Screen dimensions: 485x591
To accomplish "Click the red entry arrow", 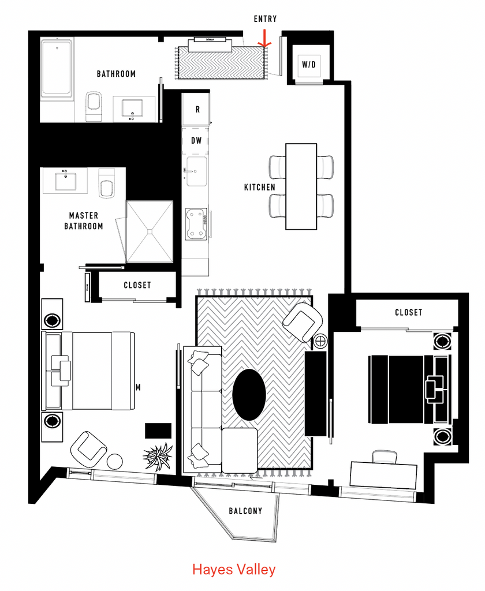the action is (264, 39).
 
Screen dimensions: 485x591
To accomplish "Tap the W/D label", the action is (308, 65).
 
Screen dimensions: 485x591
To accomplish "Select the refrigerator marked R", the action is (196, 109).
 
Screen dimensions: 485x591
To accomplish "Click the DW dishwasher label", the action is (196, 141).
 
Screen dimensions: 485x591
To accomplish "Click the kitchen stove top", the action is (196, 225).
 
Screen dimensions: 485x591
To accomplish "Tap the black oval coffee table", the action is (249, 395).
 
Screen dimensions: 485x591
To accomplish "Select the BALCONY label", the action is (245, 511).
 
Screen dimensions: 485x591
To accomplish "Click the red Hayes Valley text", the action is (234, 569).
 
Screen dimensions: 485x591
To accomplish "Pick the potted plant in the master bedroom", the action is (158, 457).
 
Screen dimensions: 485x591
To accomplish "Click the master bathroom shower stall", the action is (150, 231).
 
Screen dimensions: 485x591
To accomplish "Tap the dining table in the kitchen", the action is (301, 186).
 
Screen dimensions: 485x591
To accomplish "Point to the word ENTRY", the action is (265, 19).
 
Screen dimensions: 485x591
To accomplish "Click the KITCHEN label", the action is (259, 188).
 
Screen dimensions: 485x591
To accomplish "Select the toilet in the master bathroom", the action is (106, 184).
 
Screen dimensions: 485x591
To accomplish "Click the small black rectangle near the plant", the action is (158, 431).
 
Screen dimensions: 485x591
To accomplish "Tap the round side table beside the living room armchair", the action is (320, 342).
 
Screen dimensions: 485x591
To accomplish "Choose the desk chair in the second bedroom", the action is (385, 457).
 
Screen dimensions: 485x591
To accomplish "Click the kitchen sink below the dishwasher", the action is (196, 171).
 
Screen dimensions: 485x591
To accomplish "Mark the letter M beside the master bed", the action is (138, 387).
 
